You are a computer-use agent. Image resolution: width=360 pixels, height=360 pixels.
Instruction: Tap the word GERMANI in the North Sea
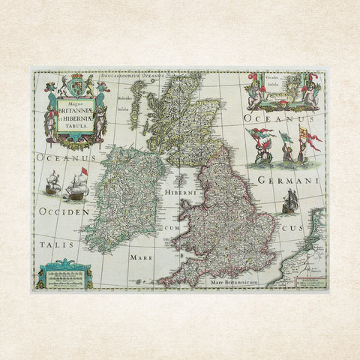coord(290,181)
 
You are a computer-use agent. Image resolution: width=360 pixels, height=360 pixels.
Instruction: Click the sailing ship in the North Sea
coord(291,200)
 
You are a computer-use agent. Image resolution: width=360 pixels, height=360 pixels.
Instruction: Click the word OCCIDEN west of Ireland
coord(64,212)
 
